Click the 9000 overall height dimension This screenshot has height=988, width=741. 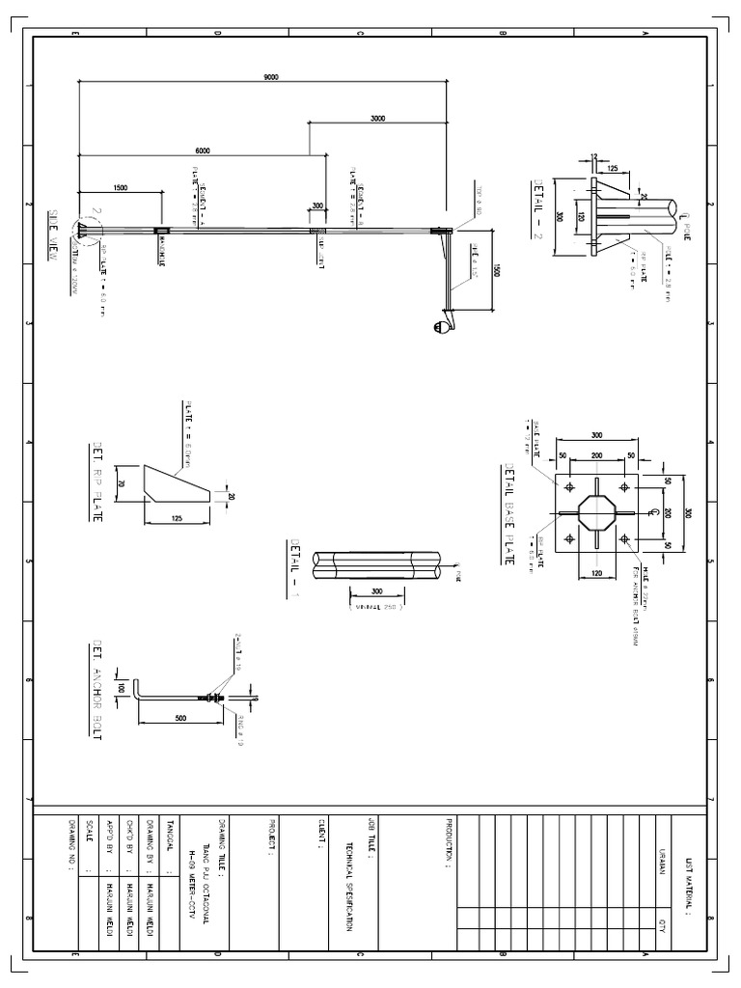point(270,77)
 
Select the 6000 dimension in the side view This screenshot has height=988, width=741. point(202,151)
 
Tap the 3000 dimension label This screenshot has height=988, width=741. point(377,118)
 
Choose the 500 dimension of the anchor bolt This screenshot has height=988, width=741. point(181,718)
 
